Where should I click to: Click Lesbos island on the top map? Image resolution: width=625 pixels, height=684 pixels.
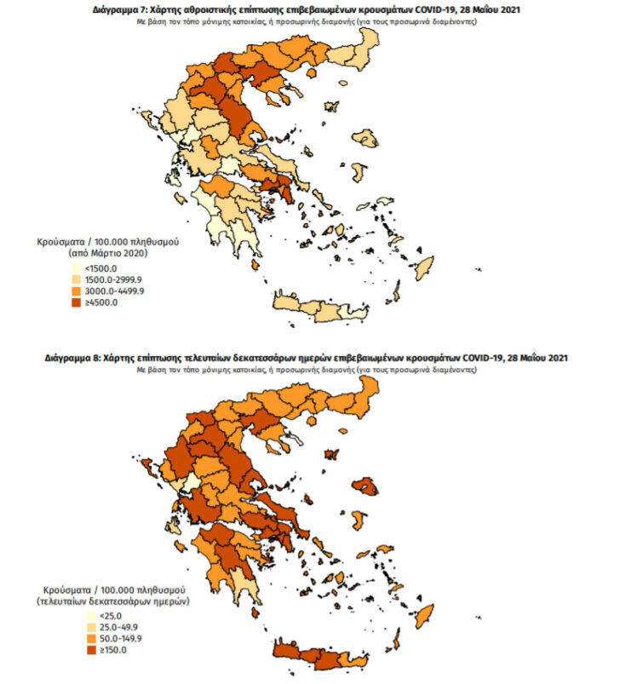click(x=365, y=138)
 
